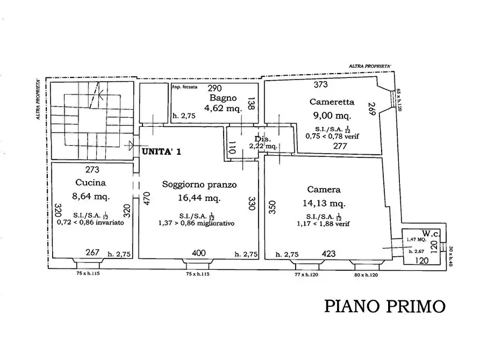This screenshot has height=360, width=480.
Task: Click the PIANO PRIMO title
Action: pyautogui.click(x=385, y=306)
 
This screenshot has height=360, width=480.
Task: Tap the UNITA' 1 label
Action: pyautogui.click(x=162, y=152)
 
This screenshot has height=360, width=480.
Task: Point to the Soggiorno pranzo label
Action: pyautogui.click(x=199, y=184)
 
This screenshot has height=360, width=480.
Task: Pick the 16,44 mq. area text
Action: pyautogui.click(x=199, y=198)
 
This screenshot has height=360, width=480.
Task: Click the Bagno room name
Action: pyautogui.click(x=220, y=98)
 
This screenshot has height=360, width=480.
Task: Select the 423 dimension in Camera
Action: pyautogui.click(x=329, y=254)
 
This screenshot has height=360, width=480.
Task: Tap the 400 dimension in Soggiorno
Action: pyautogui.click(x=198, y=254)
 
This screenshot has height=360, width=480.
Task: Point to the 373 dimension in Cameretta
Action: pyautogui.click(x=321, y=84)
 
